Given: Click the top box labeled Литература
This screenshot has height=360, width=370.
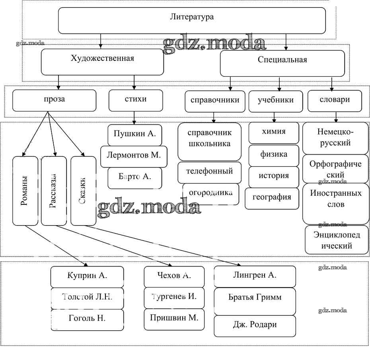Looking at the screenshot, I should pos(192,20).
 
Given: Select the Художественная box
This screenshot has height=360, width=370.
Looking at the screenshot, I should pos(102,62).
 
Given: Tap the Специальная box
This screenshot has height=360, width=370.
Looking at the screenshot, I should pos(282,63).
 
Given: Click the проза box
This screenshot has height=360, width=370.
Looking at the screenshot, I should pos(54,100).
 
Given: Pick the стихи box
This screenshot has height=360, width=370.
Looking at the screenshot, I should pos(136,100).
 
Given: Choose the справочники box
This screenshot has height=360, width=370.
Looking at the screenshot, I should pos(215,101).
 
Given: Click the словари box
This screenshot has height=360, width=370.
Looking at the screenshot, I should pos(335,101).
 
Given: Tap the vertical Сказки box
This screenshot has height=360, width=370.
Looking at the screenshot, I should pos(83,191).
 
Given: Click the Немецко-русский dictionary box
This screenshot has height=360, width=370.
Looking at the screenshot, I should pos(335,138).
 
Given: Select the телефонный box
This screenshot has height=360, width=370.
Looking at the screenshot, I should pos(209,172).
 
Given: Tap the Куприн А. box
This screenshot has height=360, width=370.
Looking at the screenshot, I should pos(87,276).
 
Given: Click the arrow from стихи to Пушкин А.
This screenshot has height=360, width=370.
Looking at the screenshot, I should pos(134,118).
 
